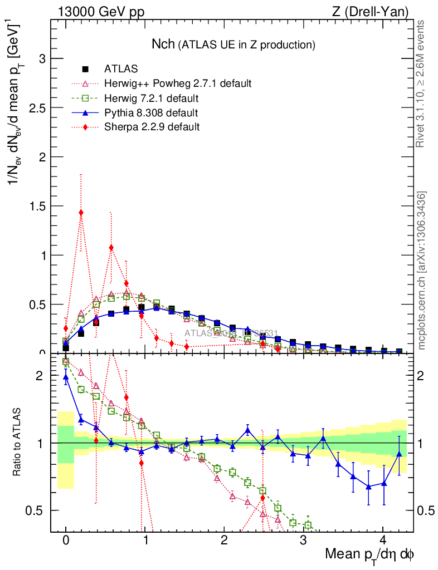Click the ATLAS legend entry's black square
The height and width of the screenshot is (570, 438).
[85, 69]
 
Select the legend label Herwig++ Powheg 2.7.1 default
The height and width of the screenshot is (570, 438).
[178, 83]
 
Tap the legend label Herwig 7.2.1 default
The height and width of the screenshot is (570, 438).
[152, 99]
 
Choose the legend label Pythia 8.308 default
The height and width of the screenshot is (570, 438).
[150, 113]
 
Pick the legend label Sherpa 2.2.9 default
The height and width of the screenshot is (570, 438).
[152, 127]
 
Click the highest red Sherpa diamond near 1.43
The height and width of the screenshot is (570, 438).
[81, 212]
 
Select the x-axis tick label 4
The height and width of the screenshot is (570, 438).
[383, 540]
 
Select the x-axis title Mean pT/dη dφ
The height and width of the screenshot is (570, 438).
[369, 555]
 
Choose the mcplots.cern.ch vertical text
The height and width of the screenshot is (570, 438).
[422, 271]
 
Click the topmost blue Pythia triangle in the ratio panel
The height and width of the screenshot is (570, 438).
[66, 377]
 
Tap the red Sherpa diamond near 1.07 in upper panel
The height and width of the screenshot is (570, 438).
[111, 248]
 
